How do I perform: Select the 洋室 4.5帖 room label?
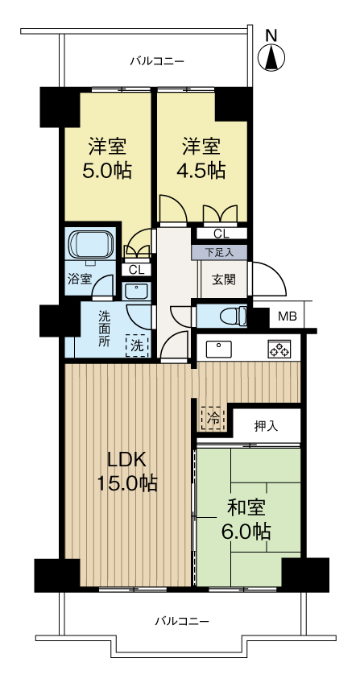[201, 159]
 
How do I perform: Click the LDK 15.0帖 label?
[128, 471]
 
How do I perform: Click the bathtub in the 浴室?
[93, 242]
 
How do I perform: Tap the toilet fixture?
[230, 314]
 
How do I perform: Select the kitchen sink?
[218, 349]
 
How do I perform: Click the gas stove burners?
[279, 350]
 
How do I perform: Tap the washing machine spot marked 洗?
[137, 345]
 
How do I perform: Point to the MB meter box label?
[287, 316]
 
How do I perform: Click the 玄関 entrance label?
[223, 279]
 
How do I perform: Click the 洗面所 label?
[105, 329]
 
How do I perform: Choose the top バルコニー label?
[158, 61]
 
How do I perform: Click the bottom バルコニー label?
[181, 621]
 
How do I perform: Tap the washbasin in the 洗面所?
[138, 291]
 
